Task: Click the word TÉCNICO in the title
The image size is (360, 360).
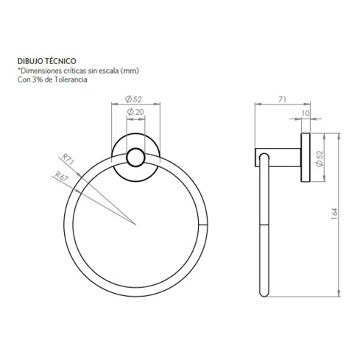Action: click(x=60, y=63)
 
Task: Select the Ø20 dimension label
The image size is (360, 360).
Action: click(x=135, y=111)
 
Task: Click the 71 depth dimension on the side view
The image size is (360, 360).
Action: click(x=283, y=98)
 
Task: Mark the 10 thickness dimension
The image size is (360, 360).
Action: click(x=306, y=115)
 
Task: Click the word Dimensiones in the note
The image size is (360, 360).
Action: click(x=37, y=71)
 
